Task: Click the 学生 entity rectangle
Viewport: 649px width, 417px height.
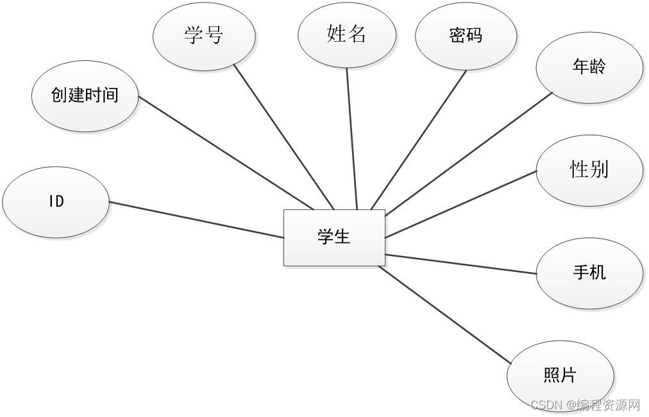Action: point(334,237)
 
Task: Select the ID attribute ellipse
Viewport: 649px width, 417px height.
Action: point(56,201)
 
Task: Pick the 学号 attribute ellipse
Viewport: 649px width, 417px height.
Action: point(204,36)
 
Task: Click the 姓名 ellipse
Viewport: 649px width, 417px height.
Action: point(346,34)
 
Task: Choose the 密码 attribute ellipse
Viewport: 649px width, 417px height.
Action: point(466,36)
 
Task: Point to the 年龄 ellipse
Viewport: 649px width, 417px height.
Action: point(589,67)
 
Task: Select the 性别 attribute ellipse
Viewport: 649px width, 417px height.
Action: point(589,169)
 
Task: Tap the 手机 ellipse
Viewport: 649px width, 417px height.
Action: point(589,273)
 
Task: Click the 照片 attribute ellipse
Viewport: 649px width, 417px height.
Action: point(560,375)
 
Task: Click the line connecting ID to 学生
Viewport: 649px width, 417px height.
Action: point(196,220)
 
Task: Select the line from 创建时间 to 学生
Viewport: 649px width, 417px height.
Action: point(226,153)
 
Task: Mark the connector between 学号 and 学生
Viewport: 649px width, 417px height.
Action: point(283,136)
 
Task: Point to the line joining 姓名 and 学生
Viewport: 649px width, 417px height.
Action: point(351,138)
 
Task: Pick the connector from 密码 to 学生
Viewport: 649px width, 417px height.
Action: point(419,139)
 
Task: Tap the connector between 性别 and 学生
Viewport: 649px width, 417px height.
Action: point(460,205)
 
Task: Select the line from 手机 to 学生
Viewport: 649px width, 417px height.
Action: point(460,264)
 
